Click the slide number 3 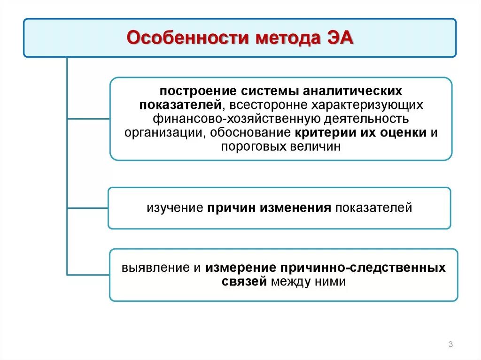pos(450,345)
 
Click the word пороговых pos(251,146)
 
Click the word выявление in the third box pos(155,268)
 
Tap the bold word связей pos(244,282)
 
